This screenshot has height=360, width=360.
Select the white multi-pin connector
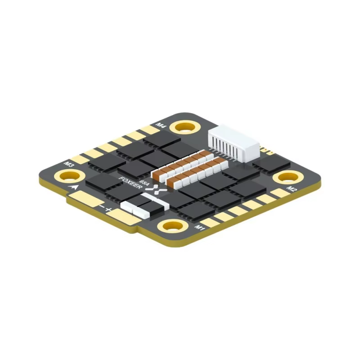pos(234,142)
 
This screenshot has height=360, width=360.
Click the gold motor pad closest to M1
pos(208,222)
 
